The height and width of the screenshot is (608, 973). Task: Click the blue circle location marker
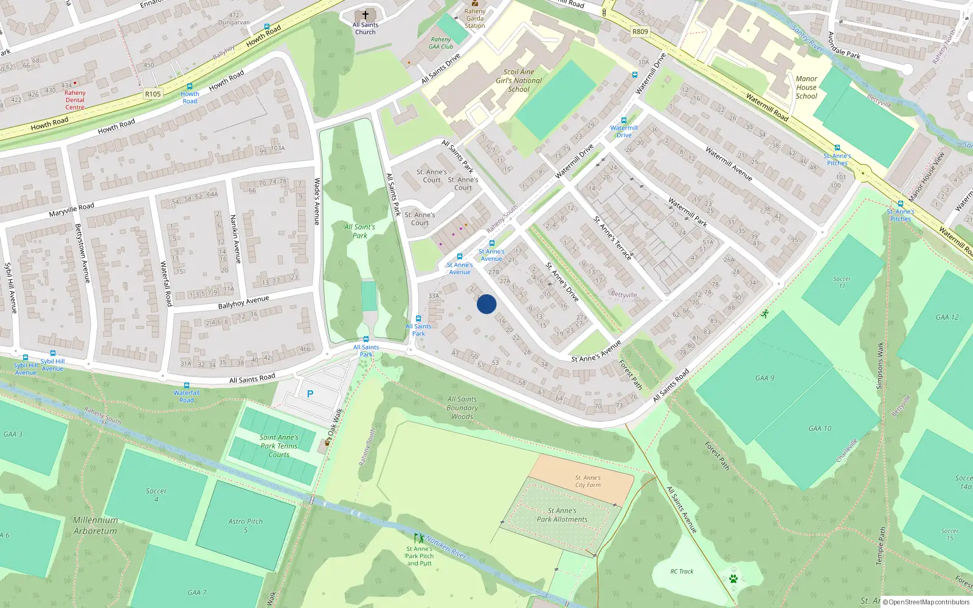coord(486,304)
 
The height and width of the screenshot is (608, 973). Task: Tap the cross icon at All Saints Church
coord(365,15)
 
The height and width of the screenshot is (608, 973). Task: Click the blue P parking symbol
coord(310,394)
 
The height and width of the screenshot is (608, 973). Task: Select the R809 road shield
coord(640,32)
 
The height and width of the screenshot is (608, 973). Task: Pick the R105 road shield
coord(153,94)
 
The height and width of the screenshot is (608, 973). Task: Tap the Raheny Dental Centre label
coord(75,100)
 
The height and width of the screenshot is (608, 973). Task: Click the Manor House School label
coord(806,88)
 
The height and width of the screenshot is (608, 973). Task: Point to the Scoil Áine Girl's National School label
coord(519,80)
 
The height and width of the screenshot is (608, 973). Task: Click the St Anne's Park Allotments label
coord(562,515)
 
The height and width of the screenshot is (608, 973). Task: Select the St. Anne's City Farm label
coord(588,482)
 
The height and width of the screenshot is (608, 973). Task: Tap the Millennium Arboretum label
coord(95,525)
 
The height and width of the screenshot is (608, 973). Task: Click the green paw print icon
coord(733,579)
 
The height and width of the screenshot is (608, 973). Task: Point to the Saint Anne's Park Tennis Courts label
coord(279,446)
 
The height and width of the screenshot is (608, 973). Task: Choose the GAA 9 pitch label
coord(765,378)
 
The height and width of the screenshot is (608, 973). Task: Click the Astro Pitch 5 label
coord(246,525)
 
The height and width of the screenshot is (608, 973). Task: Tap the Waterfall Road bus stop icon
coord(187,385)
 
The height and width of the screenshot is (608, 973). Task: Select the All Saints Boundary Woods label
coord(462,408)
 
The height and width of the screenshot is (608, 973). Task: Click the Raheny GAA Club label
coord(441,43)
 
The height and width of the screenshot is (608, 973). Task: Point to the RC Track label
coord(682,572)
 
